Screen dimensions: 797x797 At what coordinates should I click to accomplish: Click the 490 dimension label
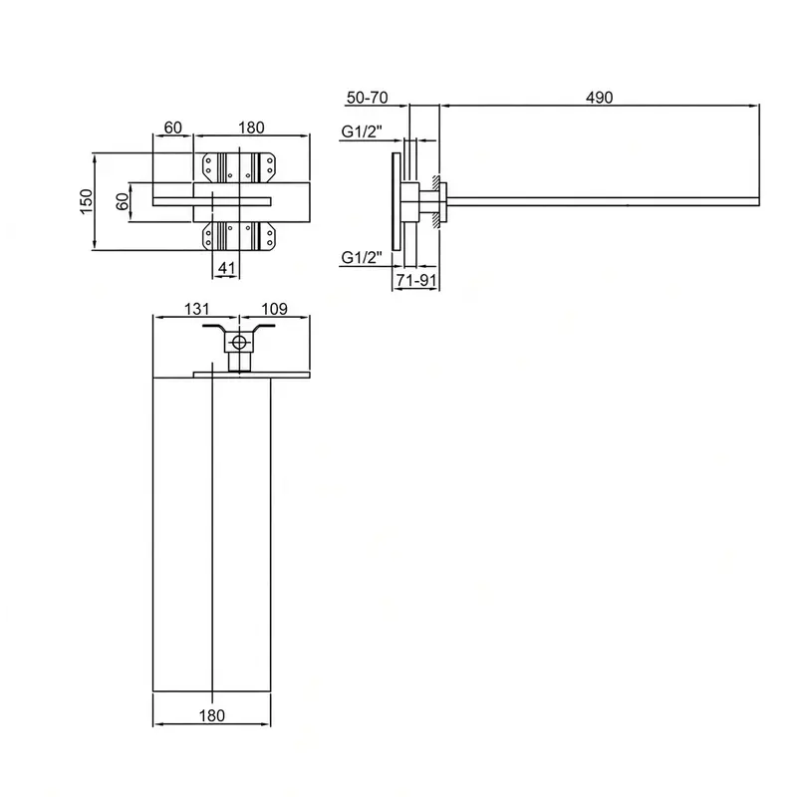(600, 97)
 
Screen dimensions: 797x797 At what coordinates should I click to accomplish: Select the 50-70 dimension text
(367, 97)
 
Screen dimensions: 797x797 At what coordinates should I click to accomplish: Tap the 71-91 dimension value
(416, 280)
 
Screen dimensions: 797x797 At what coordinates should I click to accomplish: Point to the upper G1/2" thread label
(362, 132)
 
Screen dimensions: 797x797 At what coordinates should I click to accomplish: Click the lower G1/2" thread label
(362, 258)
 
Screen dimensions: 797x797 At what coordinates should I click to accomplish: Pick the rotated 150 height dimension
(87, 201)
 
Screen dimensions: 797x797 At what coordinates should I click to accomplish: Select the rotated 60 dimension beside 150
(122, 202)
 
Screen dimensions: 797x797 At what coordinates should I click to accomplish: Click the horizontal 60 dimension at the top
(172, 128)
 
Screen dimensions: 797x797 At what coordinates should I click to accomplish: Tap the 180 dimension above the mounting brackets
(252, 128)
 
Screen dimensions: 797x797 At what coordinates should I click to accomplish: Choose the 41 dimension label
(227, 268)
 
